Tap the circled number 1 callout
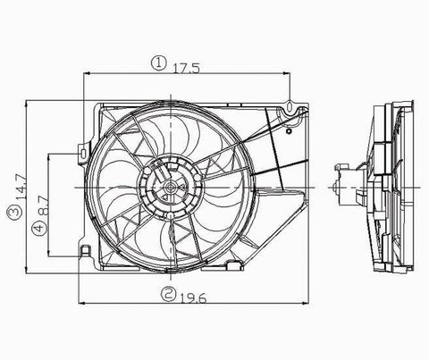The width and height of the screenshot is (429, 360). coord(157,63)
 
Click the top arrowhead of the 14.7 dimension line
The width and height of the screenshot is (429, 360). coord(27,101)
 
